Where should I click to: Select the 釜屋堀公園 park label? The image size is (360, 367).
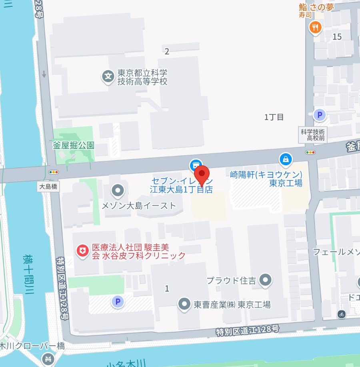click(74, 145)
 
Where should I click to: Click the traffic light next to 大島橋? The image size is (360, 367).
click(53, 172)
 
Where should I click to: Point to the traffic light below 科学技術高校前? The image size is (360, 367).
click(310, 152)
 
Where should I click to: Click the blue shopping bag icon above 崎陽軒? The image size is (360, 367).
click(286, 159)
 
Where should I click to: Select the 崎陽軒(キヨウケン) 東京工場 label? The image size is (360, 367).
click(266, 179)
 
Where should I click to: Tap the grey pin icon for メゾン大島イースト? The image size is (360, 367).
click(118, 191)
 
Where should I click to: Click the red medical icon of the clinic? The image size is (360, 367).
click(82, 251)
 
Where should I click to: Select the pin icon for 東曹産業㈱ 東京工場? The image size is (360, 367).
click(184, 304)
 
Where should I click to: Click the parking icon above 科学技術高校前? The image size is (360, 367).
click(319, 116)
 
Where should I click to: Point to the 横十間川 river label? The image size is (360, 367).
click(28, 274)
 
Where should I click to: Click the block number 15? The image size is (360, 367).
click(337, 37)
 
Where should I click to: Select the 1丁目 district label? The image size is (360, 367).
click(274, 117)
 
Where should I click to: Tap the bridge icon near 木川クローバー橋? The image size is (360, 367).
click(48, 358)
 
